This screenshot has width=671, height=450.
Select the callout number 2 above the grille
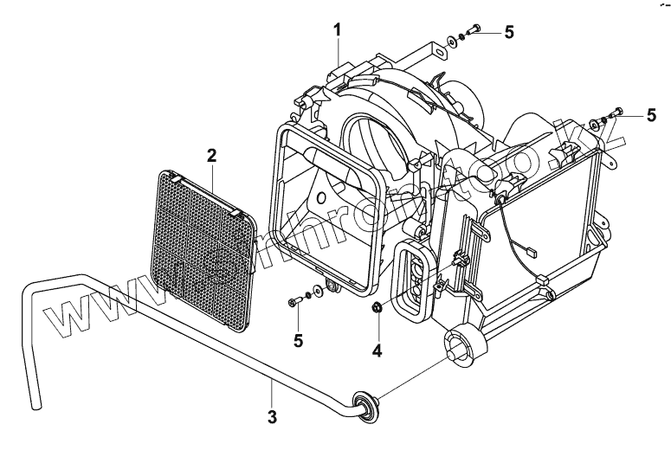click(211, 156)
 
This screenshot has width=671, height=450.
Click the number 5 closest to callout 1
click(509, 32)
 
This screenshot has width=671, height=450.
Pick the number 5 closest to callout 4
click(298, 340)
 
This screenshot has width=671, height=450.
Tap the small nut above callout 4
click(377, 307)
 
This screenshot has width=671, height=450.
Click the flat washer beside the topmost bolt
click(455, 41)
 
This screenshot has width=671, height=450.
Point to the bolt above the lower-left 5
click(296, 302)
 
